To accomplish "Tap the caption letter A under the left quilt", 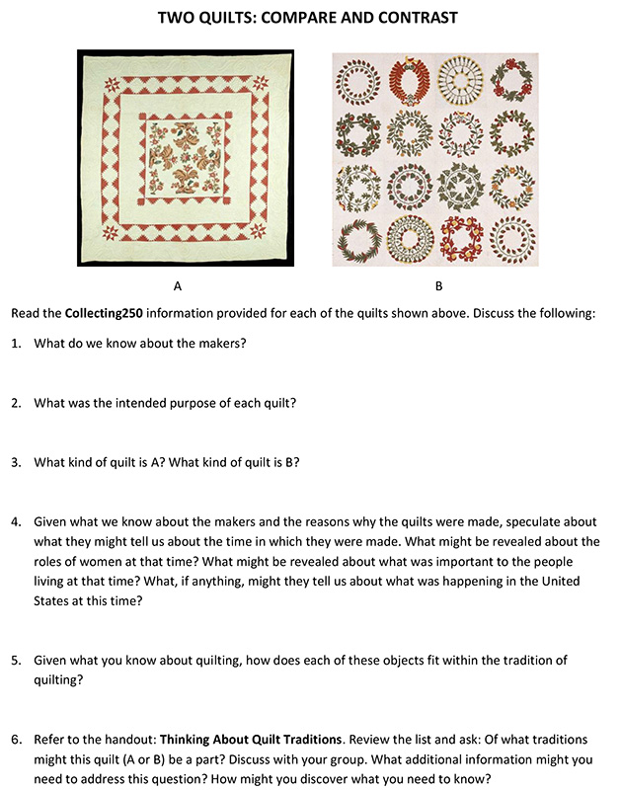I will tap(178, 286).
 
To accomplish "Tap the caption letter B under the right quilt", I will tap(439, 286).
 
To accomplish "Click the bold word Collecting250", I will tap(109, 313).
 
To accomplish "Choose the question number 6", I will tap(16, 738).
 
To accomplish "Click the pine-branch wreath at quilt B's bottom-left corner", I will tap(353, 237).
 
